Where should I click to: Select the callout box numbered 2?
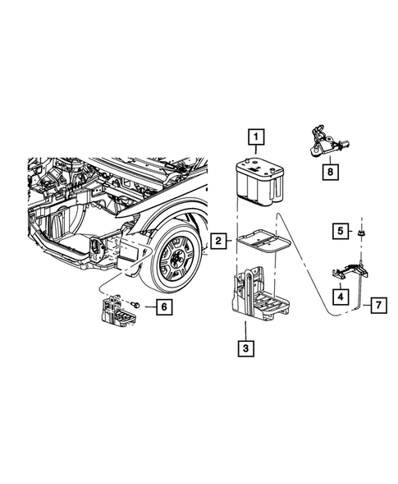point(218,241)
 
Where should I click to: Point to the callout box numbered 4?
point(339,293)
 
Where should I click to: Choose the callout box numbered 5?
point(339,231)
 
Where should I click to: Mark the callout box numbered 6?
point(162,307)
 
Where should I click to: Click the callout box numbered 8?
point(330,172)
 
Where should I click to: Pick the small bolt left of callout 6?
point(135,306)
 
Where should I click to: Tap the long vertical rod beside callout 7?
point(361,292)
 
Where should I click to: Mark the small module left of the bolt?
point(112,312)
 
